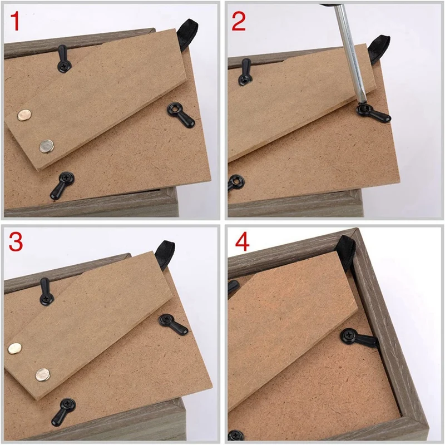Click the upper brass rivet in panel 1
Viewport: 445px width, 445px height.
(24, 115)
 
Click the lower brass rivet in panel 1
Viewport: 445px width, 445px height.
(46, 146)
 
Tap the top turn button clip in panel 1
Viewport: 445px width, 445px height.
(63, 59)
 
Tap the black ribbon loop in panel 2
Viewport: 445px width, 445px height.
(379, 47)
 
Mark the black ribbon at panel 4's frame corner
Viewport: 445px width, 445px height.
(347, 249)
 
